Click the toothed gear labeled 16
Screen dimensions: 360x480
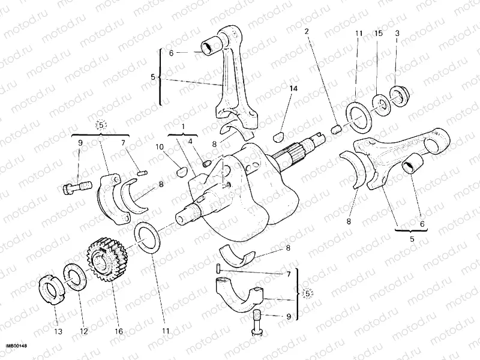(107, 259)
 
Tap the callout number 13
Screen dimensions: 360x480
(57, 331)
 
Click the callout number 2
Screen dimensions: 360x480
(307, 31)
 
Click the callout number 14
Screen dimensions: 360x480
(293, 89)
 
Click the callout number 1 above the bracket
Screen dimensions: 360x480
(184, 127)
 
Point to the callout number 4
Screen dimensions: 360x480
(191, 142)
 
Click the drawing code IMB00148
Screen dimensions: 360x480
(16, 346)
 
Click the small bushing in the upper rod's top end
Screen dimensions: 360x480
(211, 46)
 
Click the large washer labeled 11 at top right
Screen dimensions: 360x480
(359, 115)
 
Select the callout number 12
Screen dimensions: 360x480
(83, 331)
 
